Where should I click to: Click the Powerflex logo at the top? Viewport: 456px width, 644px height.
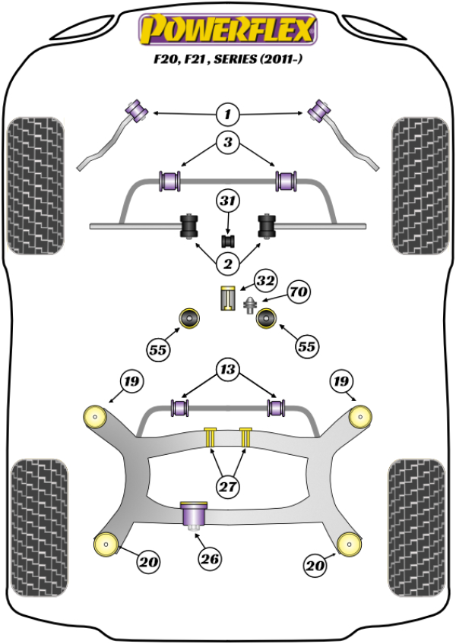(x=226, y=30)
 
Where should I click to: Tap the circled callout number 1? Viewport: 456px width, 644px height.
(x=226, y=115)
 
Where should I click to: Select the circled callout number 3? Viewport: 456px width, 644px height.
(x=227, y=142)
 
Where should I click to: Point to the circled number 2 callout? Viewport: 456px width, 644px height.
(x=226, y=264)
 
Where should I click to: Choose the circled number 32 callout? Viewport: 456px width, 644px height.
(x=264, y=281)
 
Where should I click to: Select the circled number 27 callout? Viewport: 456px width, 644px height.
(x=227, y=487)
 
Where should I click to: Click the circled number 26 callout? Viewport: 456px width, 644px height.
(x=210, y=560)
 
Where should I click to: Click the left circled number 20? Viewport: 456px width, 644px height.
(x=148, y=563)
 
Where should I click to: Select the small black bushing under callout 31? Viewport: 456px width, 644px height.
(x=227, y=241)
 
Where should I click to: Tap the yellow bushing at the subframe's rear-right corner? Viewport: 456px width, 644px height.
(x=348, y=544)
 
